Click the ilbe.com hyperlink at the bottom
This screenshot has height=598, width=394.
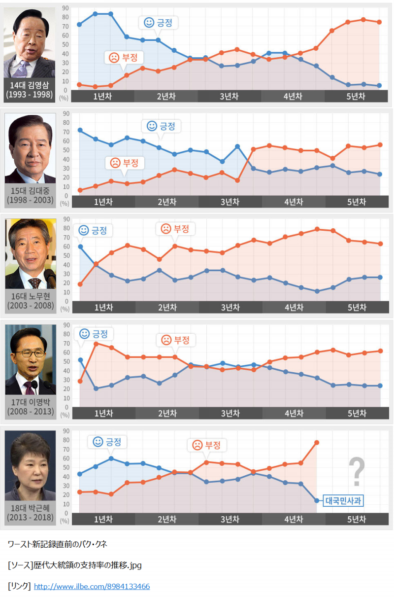[x=92, y=586]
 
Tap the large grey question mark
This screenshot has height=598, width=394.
[x=357, y=472]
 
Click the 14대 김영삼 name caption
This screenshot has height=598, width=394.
[x=30, y=90]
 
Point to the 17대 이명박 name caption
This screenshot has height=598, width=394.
[x=30, y=406]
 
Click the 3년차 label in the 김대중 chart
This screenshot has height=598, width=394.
[x=230, y=202]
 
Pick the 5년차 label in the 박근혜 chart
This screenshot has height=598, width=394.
[x=357, y=519]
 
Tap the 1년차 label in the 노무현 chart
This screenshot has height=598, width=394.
[x=103, y=307]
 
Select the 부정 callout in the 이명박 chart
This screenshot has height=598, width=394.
[x=175, y=340]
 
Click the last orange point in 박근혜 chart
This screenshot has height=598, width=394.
[x=316, y=443]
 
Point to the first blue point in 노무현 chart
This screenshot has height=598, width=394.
[x=80, y=246]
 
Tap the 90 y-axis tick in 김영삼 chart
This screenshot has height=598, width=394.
[x=66, y=8]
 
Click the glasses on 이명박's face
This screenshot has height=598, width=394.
[x=30, y=353]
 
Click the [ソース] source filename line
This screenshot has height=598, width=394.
[x=74, y=565]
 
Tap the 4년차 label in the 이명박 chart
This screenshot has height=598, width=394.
[x=294, y=413]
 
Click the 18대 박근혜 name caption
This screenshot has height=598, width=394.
[x=30, y=512]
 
